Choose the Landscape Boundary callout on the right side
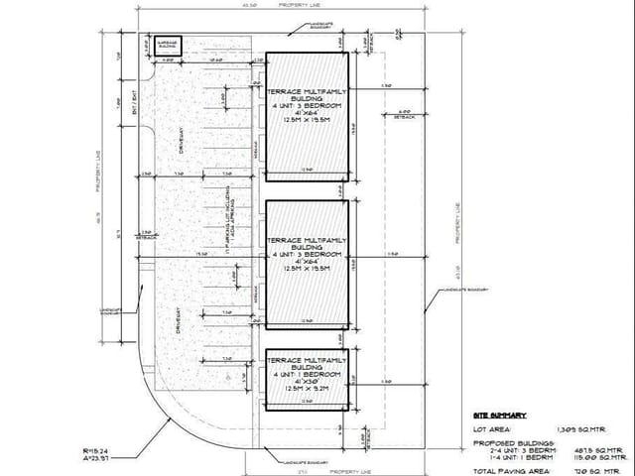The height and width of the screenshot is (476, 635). [x=457, y=290]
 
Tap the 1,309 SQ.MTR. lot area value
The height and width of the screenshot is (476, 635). [x=600, y=429]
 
